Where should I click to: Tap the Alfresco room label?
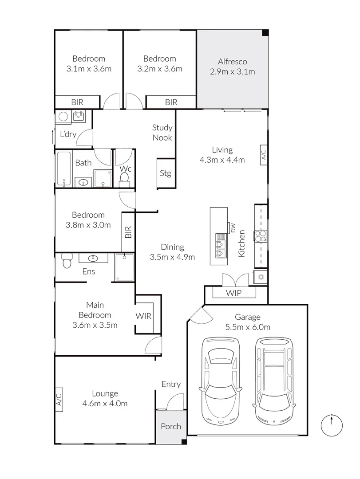(232, 62)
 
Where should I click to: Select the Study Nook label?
(162, 132)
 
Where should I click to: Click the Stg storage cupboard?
(165, 173)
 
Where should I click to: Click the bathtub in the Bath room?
(64, 170)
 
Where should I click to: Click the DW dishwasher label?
(232, 227)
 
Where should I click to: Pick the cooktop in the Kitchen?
(261, 236)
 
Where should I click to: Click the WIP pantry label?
(234, 293)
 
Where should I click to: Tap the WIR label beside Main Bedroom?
(144, 316)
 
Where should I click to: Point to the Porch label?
(171, 426)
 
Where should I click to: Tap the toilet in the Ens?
(67, 262)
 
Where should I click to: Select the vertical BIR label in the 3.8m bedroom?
(128, 232)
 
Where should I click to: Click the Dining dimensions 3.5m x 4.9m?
(173, 257)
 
